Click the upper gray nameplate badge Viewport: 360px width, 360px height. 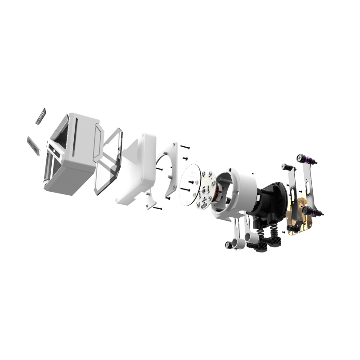coord(41,117)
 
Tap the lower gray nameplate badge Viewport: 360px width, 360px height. coord(33,145)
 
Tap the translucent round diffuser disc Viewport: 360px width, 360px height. coord(189,184)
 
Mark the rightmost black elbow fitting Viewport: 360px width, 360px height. coord(274,242)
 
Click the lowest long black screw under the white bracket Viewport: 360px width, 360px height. coord(157,208)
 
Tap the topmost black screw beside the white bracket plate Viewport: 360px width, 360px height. coord(185,147)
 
